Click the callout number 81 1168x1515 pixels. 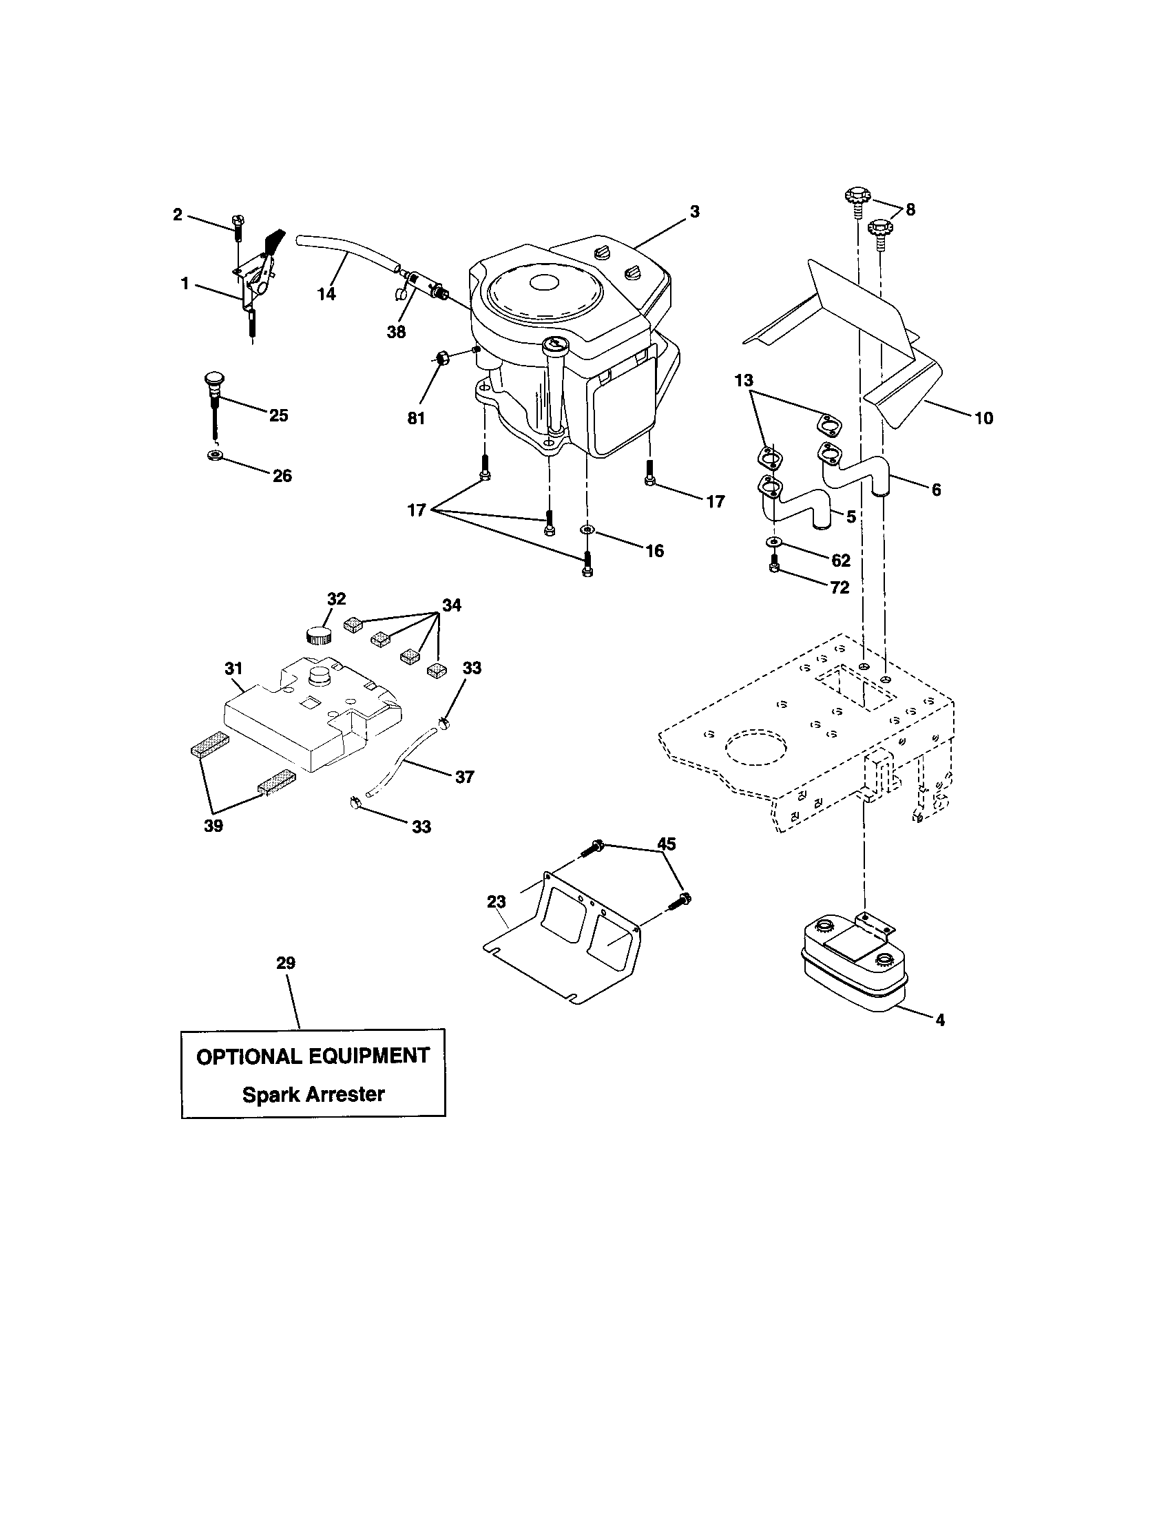[415, 418]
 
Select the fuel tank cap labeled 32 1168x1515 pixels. [318, 635]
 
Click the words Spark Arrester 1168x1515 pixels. [313, 1094]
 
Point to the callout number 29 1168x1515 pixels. [285, 963]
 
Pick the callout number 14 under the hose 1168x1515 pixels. [326, 294]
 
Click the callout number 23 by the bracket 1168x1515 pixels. [496, 901]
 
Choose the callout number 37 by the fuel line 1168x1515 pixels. [464, 777]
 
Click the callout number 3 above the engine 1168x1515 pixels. [694, 212]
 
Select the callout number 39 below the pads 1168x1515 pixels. [213, 826]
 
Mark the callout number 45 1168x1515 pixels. [666, 844]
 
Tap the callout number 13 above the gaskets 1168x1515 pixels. [744, 381]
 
